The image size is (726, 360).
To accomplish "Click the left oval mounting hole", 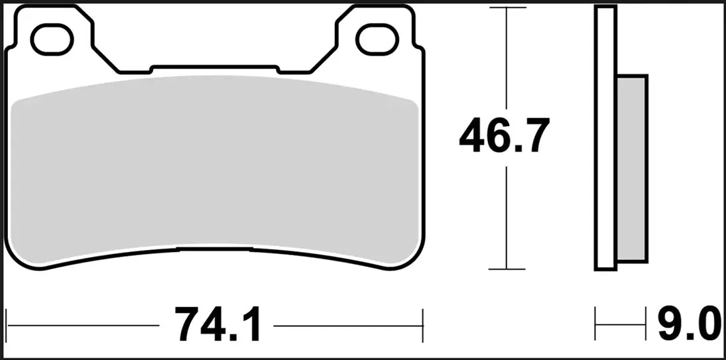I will coord(51,39).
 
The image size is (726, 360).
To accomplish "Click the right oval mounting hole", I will coord(376,39).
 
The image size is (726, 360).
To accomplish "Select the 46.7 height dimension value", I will coord(505,137).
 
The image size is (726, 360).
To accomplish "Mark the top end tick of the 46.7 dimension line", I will coord(507,8).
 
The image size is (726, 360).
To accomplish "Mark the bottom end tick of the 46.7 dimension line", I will coord(507,269).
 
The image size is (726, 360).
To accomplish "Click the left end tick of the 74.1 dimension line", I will coord(6,326).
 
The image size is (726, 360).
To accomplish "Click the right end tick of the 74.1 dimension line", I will coord(422,326).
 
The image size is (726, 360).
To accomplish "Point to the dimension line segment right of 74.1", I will coord(348,326).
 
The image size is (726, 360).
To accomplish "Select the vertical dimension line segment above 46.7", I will coord(507,60).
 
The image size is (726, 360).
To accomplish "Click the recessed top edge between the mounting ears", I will coord(213,66).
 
